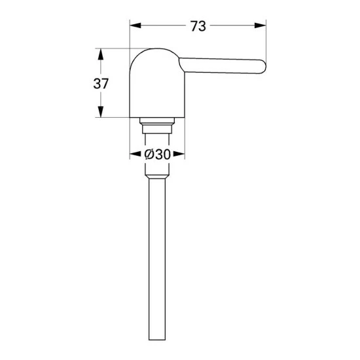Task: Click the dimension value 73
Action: [x=198, y=26]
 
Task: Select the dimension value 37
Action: [x=101, y=84]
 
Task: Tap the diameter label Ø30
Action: [x=158, y=154]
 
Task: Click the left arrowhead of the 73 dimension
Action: [x=135, y=26]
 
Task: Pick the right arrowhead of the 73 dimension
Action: [x=261, y=26]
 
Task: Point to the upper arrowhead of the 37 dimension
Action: [x=101, y=54]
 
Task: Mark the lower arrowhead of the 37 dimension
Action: [x=101, y=111]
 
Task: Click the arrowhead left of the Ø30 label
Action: [x=135, y=154]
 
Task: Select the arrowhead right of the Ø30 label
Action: [x=179, y=154]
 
